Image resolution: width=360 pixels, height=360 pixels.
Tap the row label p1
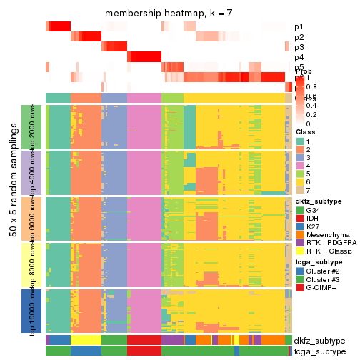click(298, 26)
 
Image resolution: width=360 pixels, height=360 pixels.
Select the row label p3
click(298, 47)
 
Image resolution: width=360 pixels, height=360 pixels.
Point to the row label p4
click(298, 57)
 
